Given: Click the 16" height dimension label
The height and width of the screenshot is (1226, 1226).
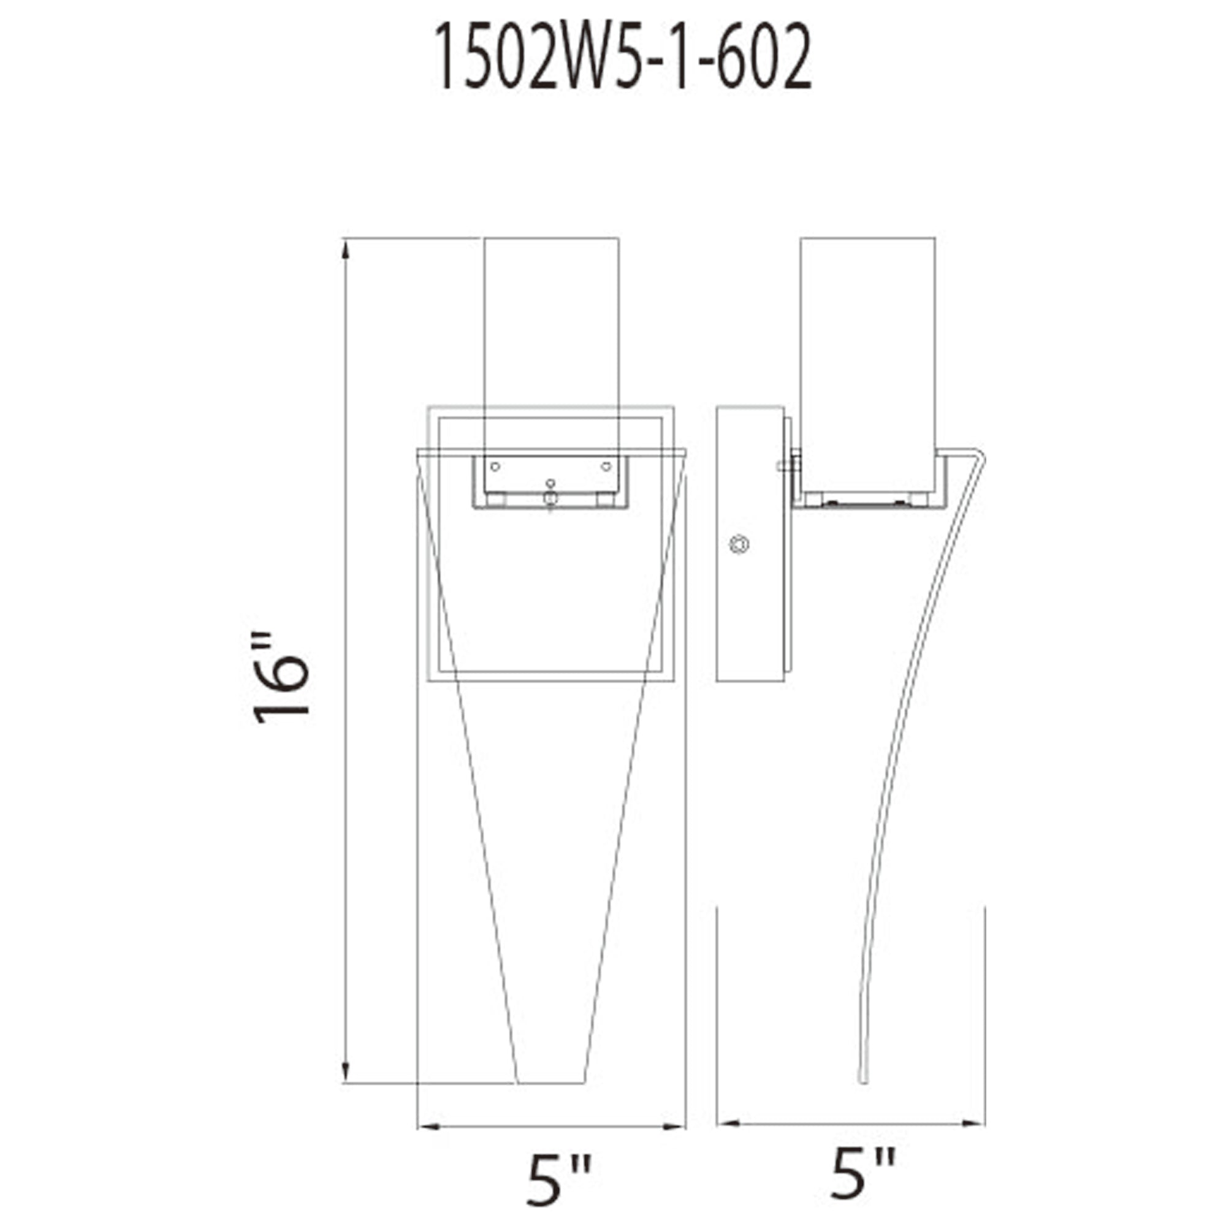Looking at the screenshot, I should tap(281, 679).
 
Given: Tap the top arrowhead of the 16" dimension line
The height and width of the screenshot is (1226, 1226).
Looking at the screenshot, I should tap(345, 250).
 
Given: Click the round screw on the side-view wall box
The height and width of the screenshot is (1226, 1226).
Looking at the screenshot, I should tap(739, 544).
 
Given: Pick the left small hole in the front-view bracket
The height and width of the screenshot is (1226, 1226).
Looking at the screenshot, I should tap(495, 466).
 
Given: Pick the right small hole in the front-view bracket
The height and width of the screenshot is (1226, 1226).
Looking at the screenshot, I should tap(606, 466).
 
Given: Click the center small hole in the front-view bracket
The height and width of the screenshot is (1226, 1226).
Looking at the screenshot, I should tap(550, 484).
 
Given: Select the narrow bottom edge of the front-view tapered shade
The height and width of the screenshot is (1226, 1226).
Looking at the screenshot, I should tap(550, 1083).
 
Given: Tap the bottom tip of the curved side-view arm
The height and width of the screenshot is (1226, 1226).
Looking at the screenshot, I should tap(862, 1080).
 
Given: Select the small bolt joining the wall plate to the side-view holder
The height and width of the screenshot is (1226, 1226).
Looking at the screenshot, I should tap(789, 466).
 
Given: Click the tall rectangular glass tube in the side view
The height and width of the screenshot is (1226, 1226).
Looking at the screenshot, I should tap(867, 356).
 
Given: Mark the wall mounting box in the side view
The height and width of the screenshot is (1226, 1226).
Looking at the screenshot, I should tap(750, 544).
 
